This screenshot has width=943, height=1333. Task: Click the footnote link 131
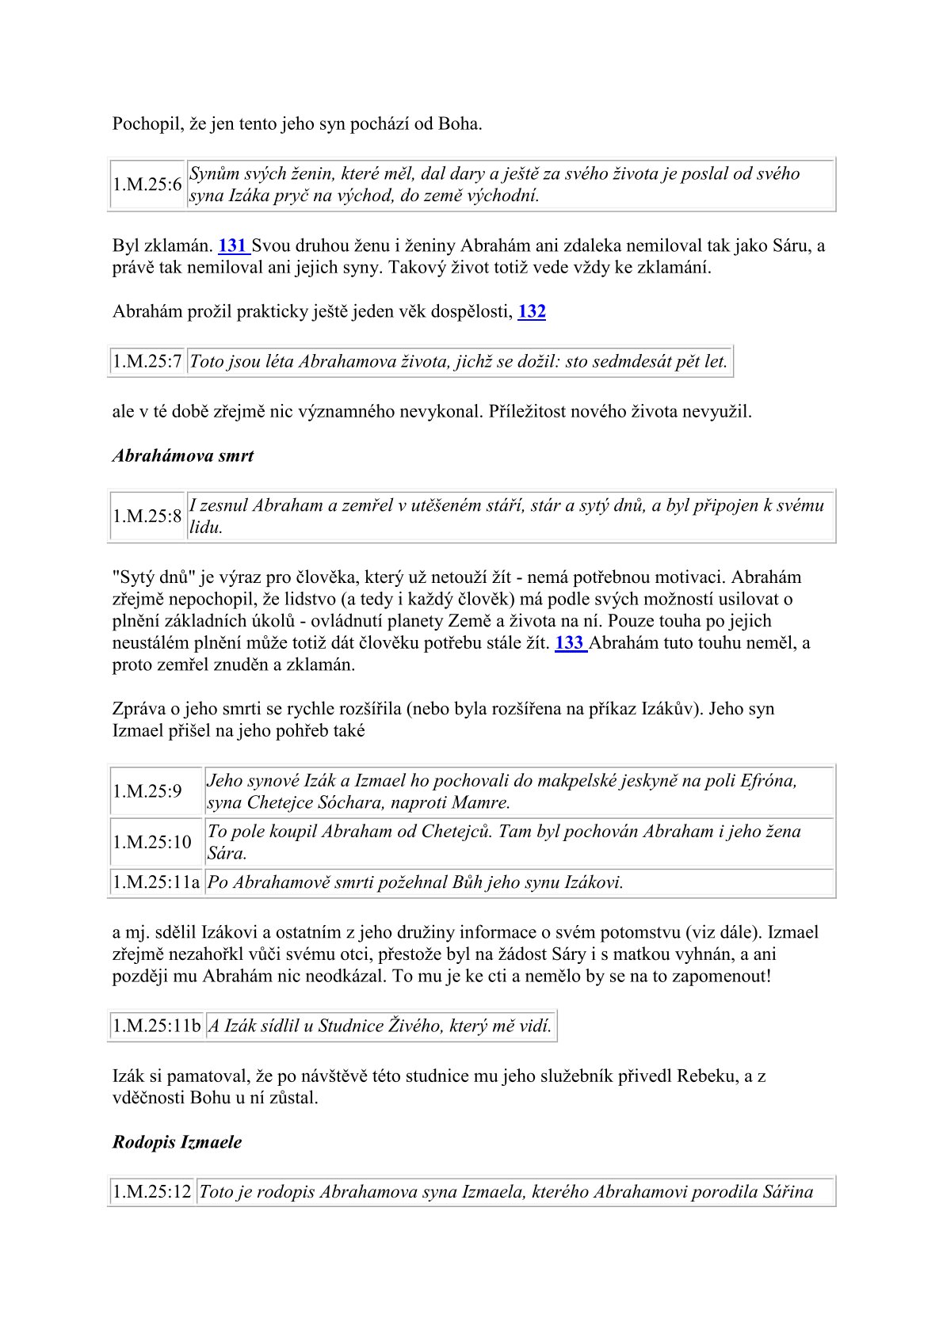coord(232,246)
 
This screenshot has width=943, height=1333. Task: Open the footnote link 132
coord(532,312)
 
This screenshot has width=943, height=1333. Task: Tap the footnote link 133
coord(569,643)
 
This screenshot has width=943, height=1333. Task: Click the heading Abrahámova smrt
coord(183,456)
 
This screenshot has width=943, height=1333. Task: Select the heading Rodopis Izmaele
coord(177,1142)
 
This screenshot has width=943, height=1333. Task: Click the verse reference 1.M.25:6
coord(147,185)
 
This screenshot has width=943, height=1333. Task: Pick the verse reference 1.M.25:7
coord(147,362)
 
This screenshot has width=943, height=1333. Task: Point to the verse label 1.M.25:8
coord(147,516)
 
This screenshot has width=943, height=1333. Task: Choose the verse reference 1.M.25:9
coord(147,791)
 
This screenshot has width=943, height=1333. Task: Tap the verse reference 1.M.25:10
coord(152,842)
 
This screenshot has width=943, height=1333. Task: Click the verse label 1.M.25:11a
coord(156,882)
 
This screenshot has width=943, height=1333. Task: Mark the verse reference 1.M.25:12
coord(152,1192)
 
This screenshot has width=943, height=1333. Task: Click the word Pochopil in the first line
coord(147,124)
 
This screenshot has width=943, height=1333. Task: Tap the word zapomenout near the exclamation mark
coord(718,976)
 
